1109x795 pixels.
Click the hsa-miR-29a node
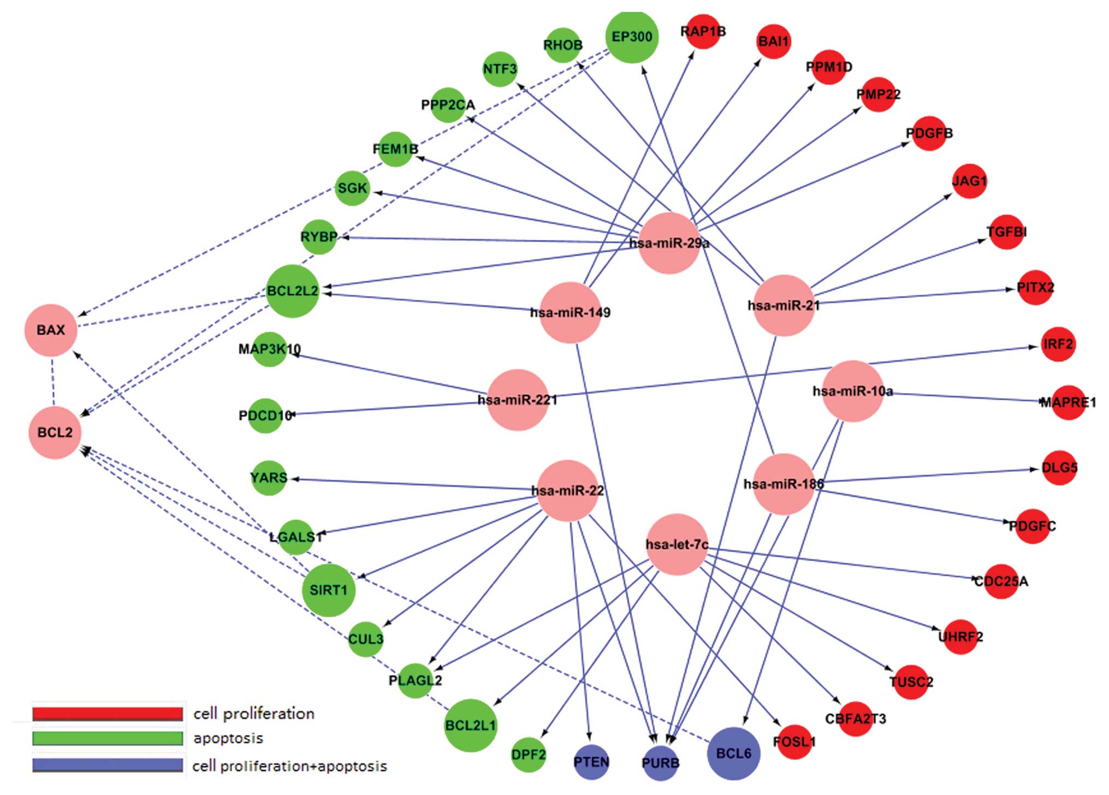tap(669, 243)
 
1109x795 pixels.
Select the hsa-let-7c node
tap(677, 544)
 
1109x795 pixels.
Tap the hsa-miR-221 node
tap(517, 400)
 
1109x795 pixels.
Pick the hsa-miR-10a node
tap(852, 391)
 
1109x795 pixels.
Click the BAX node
tap(51, 330)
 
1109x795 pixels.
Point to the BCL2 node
tap(55, 432)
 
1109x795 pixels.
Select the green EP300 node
tap(632, 37)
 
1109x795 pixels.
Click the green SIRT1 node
tap(328, 590)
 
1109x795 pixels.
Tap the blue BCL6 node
tap(733, 754)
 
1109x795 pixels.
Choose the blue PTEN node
tap(591, 762)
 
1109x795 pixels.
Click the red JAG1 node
tap(969, 181)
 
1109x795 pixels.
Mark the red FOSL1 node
tap(794, 741)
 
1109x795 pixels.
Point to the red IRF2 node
tap(1058, 344)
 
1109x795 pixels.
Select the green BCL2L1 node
tap(470, 726)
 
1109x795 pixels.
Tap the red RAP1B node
tap(703, 32)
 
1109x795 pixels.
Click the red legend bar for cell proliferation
tap(108, 714)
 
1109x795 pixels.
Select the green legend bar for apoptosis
tap(108, 738)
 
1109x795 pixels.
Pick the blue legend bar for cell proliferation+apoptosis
tap(108, 765)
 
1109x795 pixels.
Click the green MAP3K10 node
tap(269, 349)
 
